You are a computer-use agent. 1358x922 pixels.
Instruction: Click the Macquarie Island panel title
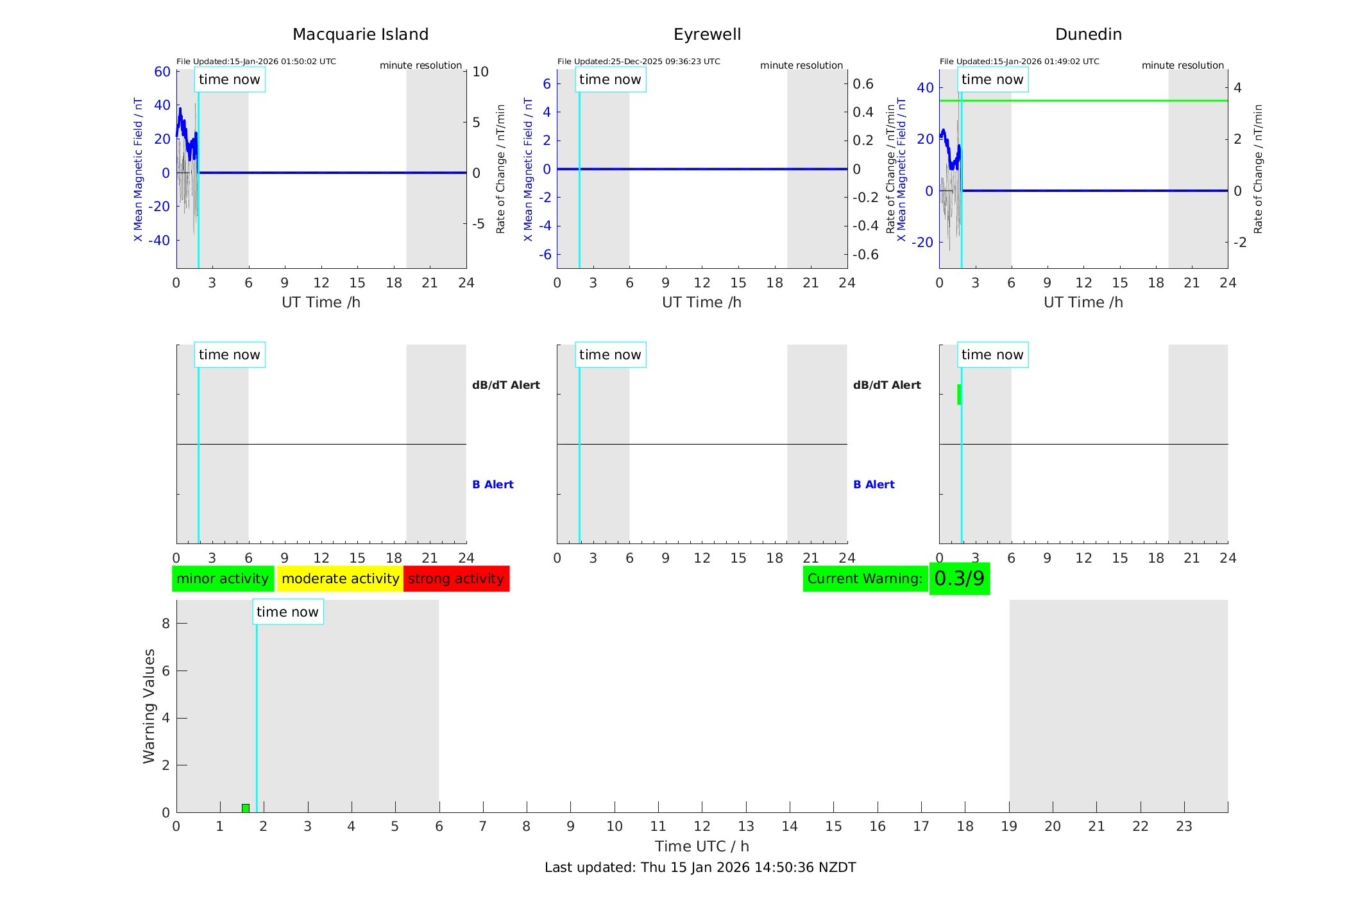pos(360,35)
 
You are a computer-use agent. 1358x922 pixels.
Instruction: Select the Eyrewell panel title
pos(707,35)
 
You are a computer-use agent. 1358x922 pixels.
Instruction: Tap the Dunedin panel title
pos(1088,35)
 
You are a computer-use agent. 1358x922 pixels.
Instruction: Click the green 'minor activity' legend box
pos(223,579)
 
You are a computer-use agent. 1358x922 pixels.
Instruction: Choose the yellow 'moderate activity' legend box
pos(340,579)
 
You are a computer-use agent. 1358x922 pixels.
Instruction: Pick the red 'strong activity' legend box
pos(456,579)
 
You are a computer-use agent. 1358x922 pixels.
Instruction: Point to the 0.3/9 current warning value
pos(959,579)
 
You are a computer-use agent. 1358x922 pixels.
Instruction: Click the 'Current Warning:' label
pos(865,579)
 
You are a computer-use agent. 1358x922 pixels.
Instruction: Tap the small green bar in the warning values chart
pos(246,808)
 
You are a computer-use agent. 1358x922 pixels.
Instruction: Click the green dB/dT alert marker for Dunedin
pos(959,394)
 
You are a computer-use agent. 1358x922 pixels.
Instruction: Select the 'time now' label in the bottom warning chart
pos(287,612)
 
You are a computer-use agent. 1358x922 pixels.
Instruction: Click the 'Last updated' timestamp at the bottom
pos(700,867)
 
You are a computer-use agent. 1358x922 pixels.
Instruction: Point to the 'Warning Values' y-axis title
pos(149,706)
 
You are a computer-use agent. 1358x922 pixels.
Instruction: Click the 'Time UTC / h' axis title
pos(702,846)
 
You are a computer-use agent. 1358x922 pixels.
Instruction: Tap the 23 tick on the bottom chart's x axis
pos(1184,826)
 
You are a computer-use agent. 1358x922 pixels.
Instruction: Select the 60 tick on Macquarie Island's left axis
pos(162,72)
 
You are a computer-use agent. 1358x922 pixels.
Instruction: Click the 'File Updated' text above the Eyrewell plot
pos(638,62)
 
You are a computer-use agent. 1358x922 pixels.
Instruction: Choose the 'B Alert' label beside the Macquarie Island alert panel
pos(493,484)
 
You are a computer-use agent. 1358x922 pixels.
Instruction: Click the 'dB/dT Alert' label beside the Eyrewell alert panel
pos(887,385)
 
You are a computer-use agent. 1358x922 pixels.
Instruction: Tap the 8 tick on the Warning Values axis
pos(166,624)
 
